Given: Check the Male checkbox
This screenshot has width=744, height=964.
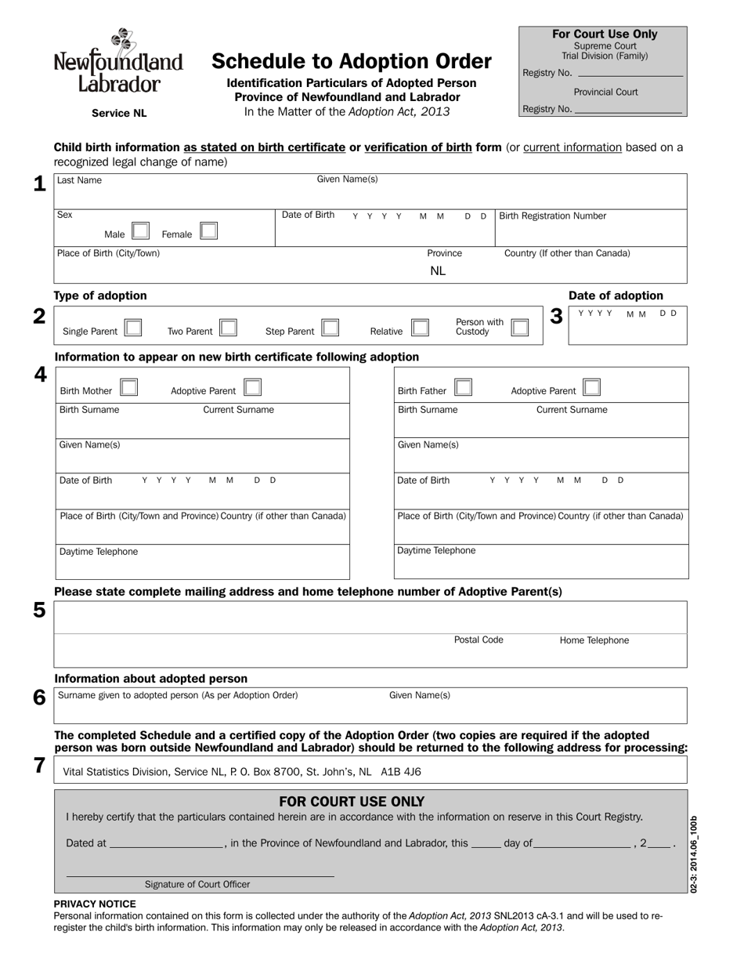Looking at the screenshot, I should (x=140, y=231).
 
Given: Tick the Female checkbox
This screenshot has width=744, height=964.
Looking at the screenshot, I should (x=208, y=231).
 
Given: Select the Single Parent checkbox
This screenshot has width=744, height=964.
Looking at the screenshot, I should (x=132, y=328).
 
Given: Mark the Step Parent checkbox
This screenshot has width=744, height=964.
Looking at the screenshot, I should (x=330, y=328).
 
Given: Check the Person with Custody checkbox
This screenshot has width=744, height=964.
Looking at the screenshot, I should (x=519, y=327).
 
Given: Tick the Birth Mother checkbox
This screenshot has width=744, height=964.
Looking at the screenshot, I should (x=129, y=387).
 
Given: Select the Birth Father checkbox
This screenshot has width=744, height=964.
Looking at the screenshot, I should (x=464, y=387).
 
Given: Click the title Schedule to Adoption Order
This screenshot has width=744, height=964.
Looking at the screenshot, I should (x=352, y=61).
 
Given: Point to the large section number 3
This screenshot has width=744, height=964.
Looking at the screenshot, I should (x=556, y=317).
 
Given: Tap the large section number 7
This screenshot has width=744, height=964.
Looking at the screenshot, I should (x=39, y=766).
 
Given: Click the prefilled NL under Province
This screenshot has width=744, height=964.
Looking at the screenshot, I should (x=438, y=271).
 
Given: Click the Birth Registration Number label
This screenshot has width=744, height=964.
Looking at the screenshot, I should (x=552, y=216).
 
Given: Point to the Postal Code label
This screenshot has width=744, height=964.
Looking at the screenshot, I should (x=479, y=640).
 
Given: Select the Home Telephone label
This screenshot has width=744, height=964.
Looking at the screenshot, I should (x=594, y=640).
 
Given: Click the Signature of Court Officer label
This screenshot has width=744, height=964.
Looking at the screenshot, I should (x=197, y=884).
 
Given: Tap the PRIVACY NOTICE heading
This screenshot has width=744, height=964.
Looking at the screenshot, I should (x=95, y=904).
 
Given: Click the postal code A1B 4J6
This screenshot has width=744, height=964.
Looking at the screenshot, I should (x=401, y=772).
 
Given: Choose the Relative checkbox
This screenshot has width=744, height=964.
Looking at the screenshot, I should (x=420, y=328).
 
